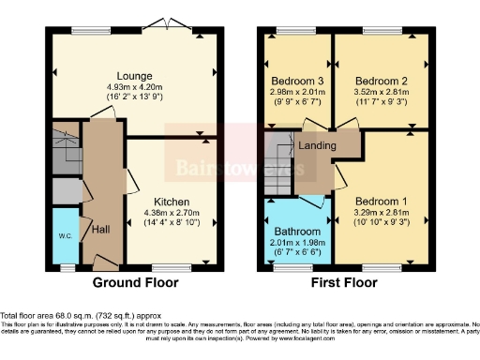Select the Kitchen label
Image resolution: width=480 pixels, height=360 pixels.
point(172,202)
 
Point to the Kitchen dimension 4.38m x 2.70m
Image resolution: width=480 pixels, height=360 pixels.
point(172,212)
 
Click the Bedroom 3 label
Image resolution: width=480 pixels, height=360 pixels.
point(296,80)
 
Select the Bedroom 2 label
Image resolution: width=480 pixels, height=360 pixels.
point(381,80)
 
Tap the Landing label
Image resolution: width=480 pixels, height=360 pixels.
point(318,145)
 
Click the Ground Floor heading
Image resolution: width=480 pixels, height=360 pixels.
point(135,281)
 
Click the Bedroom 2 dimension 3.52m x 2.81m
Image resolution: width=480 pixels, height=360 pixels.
point(381,91)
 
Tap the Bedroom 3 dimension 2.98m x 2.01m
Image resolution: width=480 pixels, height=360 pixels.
point(296,91)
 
